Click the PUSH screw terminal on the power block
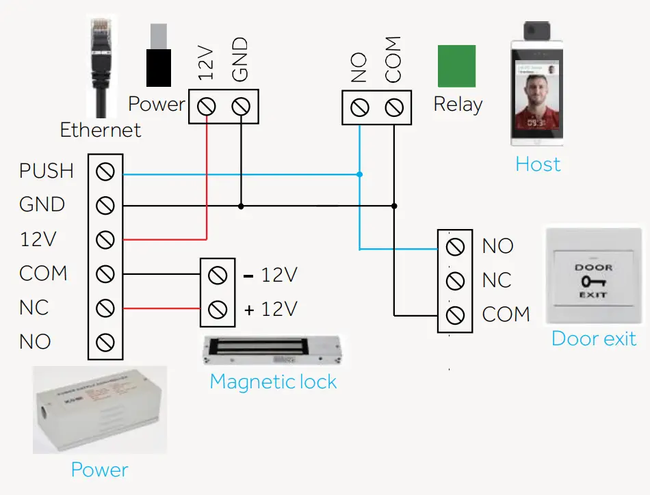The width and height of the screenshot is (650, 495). pos(105,172)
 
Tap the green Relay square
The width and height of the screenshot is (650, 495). pos(456,66)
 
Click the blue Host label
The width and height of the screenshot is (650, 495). pos(538,164)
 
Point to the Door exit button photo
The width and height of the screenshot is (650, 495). pos(593,276)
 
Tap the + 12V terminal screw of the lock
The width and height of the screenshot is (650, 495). pos(218,310)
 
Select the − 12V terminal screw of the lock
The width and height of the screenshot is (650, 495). pos(218,276)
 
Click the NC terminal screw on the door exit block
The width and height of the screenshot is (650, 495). pos(455,280)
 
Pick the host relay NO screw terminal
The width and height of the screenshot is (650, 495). pos(359,107)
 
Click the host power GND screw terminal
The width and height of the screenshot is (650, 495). pos(241,106)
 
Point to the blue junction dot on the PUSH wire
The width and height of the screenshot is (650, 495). pos(359,175)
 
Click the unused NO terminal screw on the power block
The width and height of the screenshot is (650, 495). pos(105,342)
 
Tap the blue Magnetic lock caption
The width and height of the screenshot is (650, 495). pos(273,382)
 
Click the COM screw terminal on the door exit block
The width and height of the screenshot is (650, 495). pos(455,315)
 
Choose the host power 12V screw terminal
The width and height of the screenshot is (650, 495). pos(207,106)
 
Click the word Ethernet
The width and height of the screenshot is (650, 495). pos(101,130)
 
